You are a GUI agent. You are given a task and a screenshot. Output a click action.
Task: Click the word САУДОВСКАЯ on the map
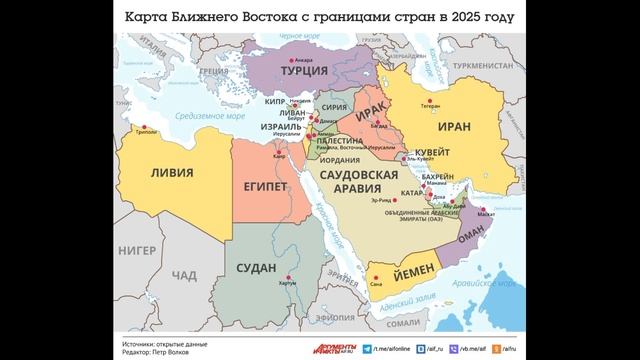363,173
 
